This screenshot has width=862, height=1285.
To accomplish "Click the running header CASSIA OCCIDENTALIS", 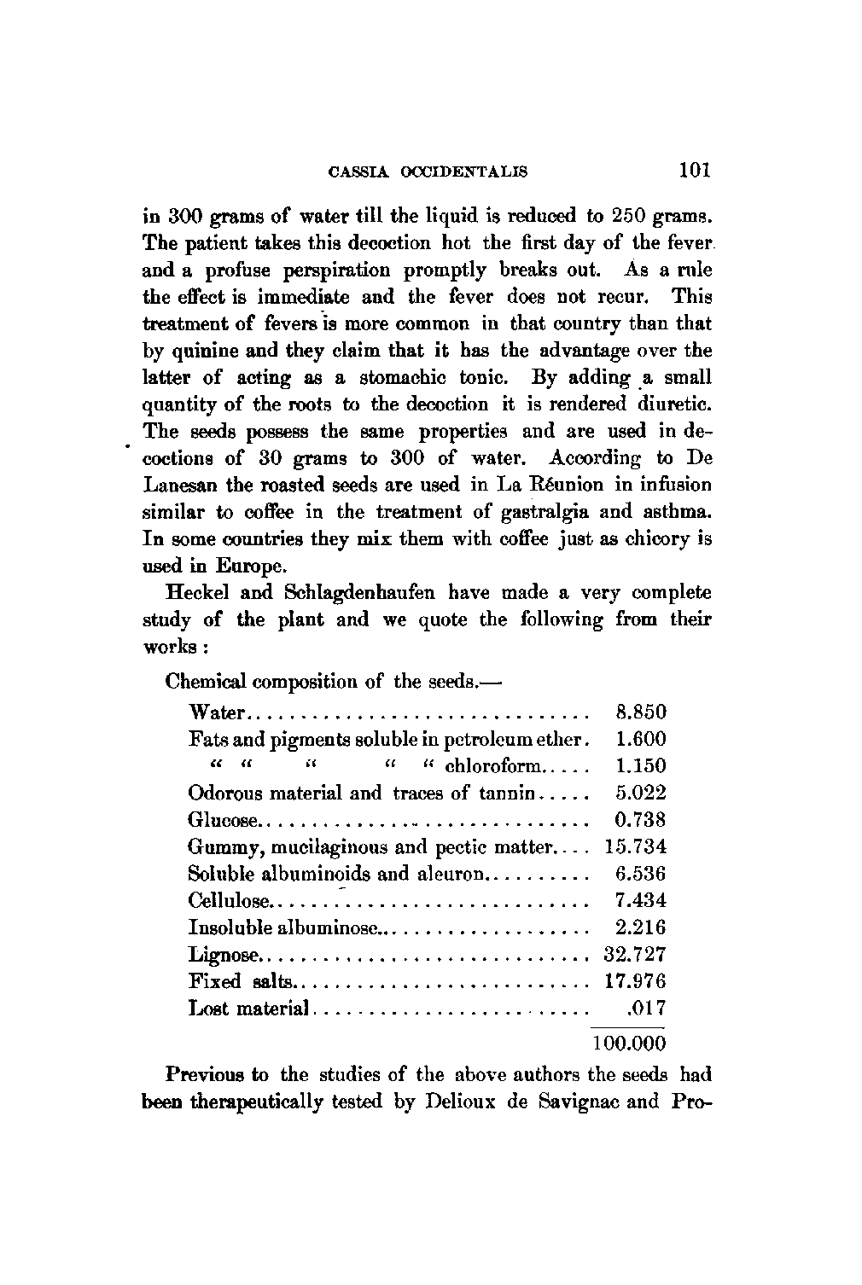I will pos(428,172).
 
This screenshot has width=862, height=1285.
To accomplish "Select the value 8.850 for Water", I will pos(639,712).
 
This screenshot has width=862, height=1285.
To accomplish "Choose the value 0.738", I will pos(639,820).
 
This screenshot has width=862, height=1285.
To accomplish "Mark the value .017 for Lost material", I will pos(645,1009).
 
